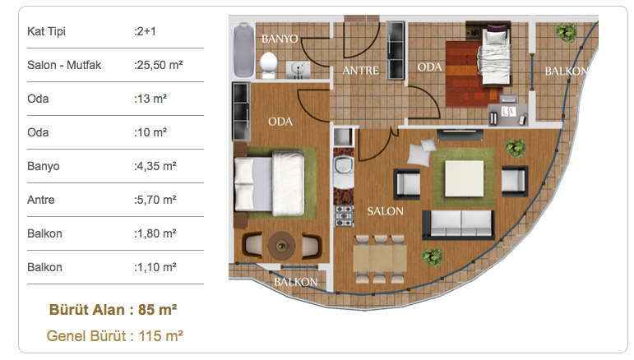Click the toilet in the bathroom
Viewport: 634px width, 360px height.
click(268, 65)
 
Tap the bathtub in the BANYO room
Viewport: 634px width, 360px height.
click(244, 50)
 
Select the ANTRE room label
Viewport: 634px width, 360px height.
click(360, 71)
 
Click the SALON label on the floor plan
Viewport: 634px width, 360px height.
click(385, 211)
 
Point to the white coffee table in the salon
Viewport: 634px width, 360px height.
click(464, 178)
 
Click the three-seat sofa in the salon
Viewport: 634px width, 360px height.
click(458, 224)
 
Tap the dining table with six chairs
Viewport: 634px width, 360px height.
click(380, 259)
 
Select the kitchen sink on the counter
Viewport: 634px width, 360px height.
click(343, 168)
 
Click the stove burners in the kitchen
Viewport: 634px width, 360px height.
click(344, 216)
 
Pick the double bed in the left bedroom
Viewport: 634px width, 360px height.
click(270, 184)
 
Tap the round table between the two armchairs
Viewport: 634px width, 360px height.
click(282, 245)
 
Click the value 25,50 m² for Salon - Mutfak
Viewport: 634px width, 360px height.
click(158, 65)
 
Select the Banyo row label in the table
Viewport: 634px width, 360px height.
click(44, 166)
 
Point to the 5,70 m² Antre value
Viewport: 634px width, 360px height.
click(155, 200)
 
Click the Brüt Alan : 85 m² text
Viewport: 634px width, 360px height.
click(113, 310)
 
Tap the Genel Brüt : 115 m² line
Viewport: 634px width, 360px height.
click(115, 336)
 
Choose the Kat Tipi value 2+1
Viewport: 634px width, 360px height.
click(145, 31)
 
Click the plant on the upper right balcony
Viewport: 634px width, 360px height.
click(566, 32)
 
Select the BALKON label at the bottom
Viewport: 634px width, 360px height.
click(295, 282)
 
